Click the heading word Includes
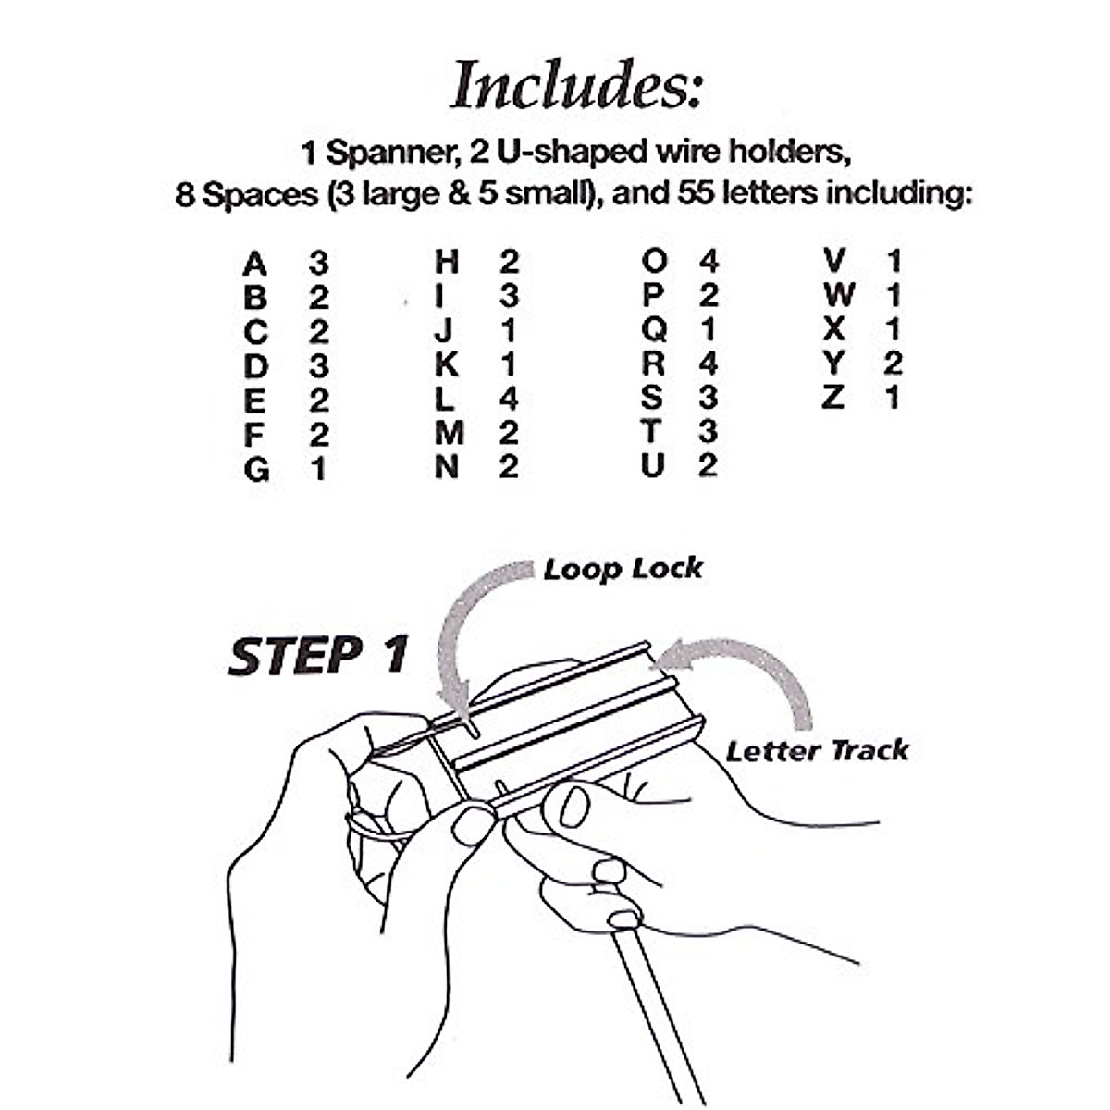575,85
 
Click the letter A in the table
254,265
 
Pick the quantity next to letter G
318,470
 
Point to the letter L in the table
446,399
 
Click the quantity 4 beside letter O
708,262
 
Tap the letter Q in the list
653,329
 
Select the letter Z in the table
833,398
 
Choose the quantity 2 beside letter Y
892,364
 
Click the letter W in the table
837,296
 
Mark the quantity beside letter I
508,296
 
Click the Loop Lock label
623,569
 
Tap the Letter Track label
817,750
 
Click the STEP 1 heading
317,656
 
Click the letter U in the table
652,465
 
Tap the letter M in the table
449,433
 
